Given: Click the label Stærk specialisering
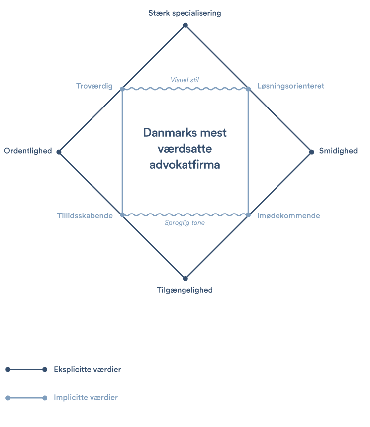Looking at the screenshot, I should (x=185, y=13).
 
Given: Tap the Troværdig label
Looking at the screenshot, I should (x=94, y=86).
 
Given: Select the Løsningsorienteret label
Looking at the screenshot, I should (x=291, y=86).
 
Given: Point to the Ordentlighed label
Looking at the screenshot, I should (x=28, y=151).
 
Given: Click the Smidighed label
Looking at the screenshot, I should (x=338, y=151).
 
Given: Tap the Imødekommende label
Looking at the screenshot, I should (x=289, y=215).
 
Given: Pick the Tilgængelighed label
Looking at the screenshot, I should (x=185, y=290).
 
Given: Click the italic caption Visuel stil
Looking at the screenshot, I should (x=185, y=80).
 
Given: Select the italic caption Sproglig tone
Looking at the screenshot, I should (x=185, y=223).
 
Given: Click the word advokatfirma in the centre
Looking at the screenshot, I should (x=185, y=164).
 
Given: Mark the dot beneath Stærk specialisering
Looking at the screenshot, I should (x=185, y=25).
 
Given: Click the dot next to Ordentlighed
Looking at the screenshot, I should (x=59, y=152).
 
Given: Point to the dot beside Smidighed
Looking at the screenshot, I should (x=312, y=152).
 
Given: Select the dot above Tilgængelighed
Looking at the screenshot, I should (x=185, y=278).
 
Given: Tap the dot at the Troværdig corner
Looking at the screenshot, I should (x=122, y=89).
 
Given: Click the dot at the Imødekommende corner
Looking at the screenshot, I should (x=248, y=215).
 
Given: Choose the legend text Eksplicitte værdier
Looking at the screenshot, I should (x=88, y=370).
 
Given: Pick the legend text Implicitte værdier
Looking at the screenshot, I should (x=86, y=398).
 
